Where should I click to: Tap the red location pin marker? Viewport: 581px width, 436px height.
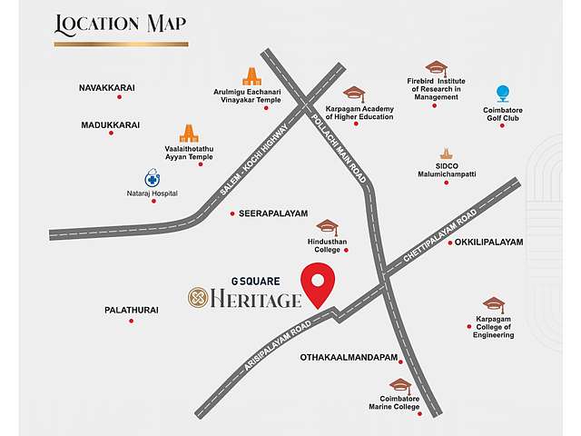(x=319, y=283)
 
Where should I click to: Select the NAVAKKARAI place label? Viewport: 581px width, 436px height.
(x=107, y=87)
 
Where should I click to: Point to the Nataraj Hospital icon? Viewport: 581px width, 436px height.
(x=153, y=178)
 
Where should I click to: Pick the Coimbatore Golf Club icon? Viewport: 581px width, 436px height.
(x=502, y=94)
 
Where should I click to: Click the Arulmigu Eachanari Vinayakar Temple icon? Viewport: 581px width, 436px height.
(x=251, y=77)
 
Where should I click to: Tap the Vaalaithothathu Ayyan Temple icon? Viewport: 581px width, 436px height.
(x=189, y=134)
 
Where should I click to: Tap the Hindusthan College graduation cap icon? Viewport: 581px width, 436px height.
(x=327, y=228)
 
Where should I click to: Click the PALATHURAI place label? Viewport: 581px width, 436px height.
(x=131, y=310)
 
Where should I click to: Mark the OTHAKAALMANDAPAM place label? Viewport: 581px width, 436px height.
(x=349, y=358)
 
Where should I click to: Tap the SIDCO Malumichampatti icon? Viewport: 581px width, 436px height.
(x=446, y=154)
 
